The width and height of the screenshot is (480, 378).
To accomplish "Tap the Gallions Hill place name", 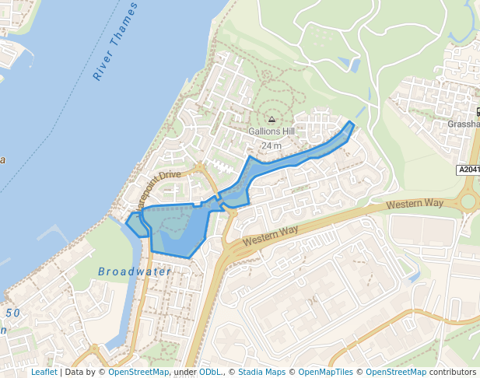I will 272,131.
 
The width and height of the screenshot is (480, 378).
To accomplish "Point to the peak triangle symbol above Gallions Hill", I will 272,119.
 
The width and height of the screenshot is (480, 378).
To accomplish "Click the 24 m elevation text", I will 272,145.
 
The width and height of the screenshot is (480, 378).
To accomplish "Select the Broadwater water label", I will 135,271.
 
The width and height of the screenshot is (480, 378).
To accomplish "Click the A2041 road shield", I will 467,170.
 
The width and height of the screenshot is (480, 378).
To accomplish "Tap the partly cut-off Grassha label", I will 464,124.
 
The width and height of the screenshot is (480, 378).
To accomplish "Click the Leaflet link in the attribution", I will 44,372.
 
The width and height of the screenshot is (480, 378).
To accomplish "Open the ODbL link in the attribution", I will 209,372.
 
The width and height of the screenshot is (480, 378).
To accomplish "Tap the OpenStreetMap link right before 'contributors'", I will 395,372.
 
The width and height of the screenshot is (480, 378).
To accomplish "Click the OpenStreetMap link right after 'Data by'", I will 138,372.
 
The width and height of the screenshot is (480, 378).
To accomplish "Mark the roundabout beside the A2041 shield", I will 468,201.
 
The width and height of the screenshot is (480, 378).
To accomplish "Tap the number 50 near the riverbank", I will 13,313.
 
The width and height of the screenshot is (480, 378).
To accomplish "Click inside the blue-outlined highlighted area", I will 179,229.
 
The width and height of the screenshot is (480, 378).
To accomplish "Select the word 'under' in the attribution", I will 184,372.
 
